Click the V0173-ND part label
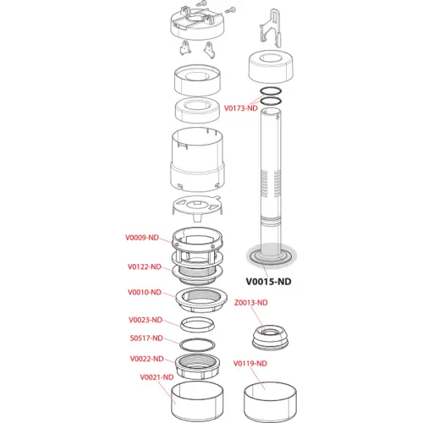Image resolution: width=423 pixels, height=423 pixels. [241, 108]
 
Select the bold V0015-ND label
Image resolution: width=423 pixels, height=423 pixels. [268, 282]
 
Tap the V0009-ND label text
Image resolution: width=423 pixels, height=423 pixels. [142, 238]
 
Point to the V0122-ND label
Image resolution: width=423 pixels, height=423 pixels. [145, 266]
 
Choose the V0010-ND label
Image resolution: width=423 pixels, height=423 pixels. [145, 292]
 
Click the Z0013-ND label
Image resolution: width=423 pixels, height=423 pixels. [251, 303]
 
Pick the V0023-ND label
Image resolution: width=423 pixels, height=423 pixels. [146, 320]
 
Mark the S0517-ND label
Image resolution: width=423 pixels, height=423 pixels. [146, 338]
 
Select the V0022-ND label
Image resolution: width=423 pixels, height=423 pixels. [146, 359]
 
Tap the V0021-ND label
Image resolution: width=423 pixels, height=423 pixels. [157, 377]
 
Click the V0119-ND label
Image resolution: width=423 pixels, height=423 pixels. [250, 364]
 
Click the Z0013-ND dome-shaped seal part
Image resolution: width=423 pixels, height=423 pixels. [270, 338]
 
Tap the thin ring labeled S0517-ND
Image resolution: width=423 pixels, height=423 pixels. [197, 349]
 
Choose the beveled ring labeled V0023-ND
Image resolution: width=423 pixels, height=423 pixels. [197, 329]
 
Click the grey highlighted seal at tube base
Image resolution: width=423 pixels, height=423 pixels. [271, 261]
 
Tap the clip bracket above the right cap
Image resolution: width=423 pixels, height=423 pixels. [271, 28]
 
